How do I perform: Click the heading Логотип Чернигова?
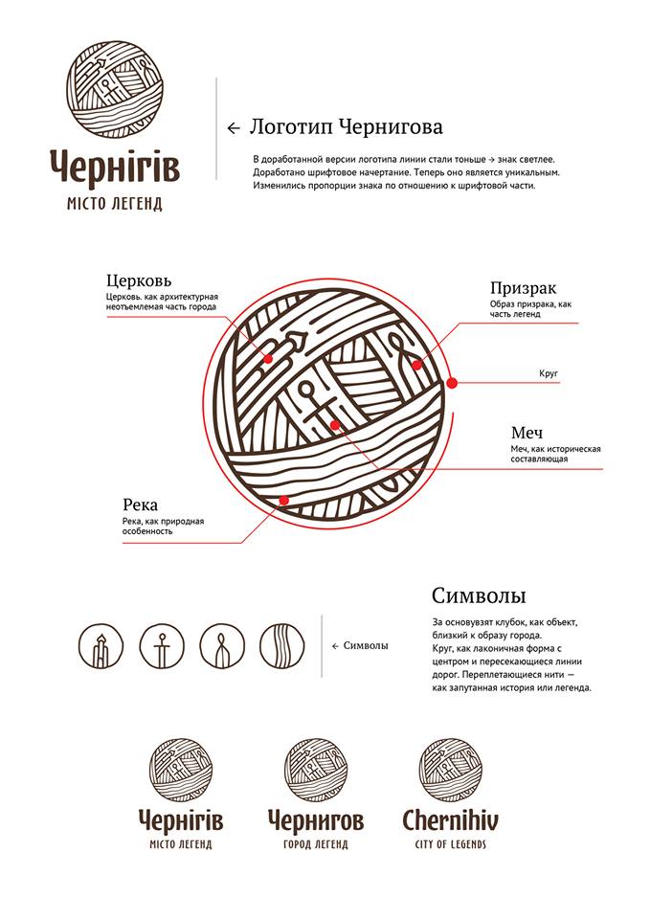(x=346, y=126)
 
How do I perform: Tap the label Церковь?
(x=139, y=280)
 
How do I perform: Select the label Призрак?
(x=523, y=287)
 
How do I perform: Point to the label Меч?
(x=527, y=433)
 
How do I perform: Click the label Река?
(x=140, y=504)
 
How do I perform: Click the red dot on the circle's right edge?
(x=452, y=382)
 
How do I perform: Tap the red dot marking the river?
(x=283, y=500)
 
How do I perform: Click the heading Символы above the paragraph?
(x=479, y=595)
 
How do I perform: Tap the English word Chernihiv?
(x=450, y=820)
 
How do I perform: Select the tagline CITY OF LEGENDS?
(x=450, y=844)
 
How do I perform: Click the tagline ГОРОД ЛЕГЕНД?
(x=316, y=844)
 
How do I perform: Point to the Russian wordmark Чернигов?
(x=316, y=820)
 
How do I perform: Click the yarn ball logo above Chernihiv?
(x=450, y=770)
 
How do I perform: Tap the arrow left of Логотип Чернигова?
(x=233, y=127)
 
